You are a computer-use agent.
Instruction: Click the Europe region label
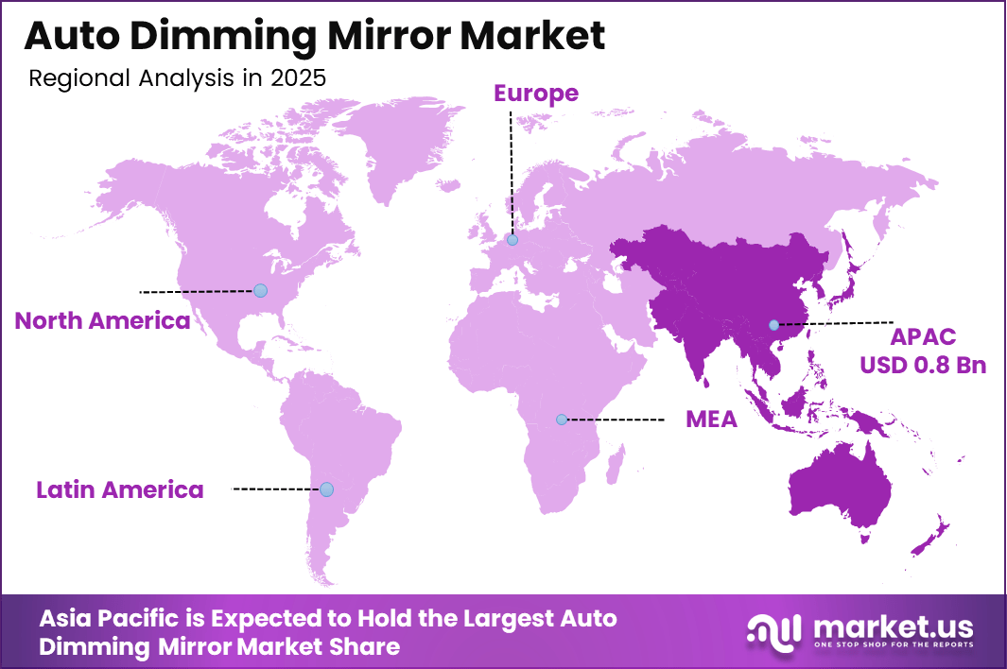(x=535, y=93)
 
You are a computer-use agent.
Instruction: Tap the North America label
(x=102, y=320)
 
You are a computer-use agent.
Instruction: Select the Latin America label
(x=120, y=489)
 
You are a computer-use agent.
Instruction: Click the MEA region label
(x=711, y=419)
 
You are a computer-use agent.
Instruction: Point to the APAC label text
(x=923, y=337)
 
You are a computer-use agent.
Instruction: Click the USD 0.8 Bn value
(x=923, y=365)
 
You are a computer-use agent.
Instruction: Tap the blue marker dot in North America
(x=260, y=290)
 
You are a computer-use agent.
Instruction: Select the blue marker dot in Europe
(x=512, y=240)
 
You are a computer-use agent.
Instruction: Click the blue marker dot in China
(x=773, y=325)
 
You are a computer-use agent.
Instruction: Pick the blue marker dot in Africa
(x=561, y=419)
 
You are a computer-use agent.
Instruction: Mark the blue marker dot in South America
(x=326, y=489)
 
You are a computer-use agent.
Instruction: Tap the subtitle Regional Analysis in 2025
(x=177, y=78)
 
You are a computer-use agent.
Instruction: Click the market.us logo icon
(x=773, y=630)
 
